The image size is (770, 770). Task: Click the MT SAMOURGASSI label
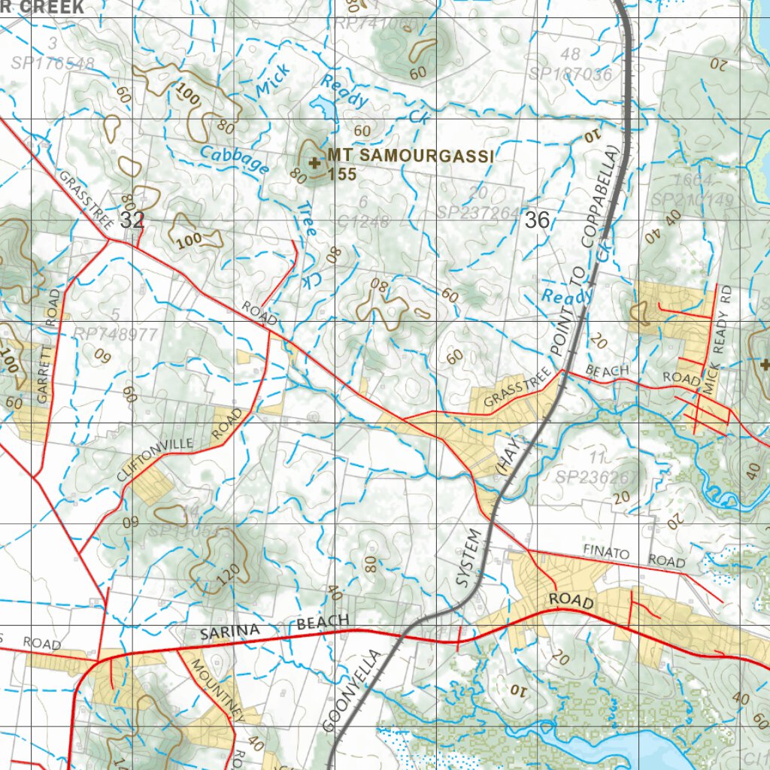pos(411,156)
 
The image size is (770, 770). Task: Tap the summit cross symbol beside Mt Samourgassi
pos(314,161)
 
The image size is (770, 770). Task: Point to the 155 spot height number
pos(341,174)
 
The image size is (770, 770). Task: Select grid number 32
pos(132,220)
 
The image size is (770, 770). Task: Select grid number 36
pos(538,220)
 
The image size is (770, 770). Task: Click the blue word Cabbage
pos(234,159)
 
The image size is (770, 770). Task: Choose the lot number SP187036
pos(570,74)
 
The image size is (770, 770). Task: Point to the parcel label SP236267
pos(596,477)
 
